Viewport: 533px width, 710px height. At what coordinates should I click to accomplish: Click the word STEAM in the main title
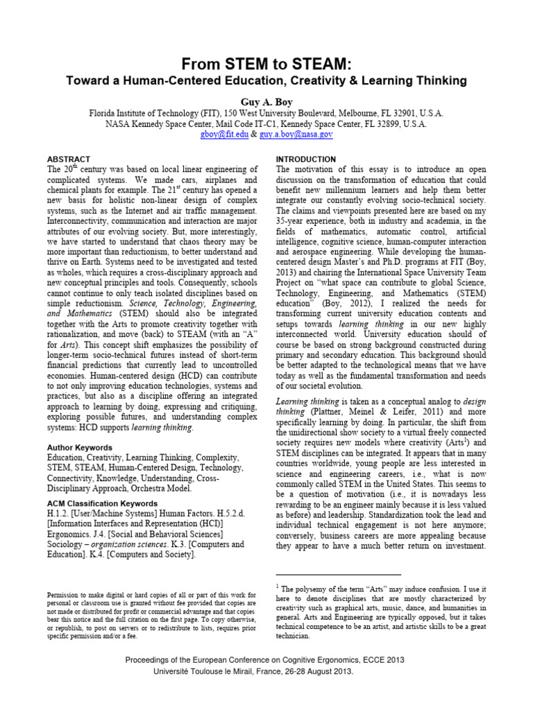click(x=311, y=64)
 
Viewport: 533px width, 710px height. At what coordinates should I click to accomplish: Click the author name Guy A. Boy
click(x=266, y=101)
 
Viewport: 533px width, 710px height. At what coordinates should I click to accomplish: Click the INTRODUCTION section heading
click(x=306, y=159)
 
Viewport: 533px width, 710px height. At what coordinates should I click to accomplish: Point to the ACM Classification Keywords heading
click(x=101, y=503)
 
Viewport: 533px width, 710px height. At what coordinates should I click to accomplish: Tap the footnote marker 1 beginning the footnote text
click(x=278, y=587)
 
